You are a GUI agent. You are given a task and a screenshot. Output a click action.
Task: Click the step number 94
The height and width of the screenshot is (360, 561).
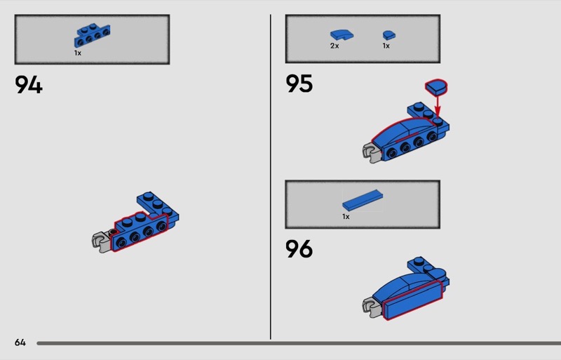[29, 84]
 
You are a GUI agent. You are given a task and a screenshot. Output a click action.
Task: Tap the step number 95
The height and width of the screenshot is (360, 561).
[299, 84]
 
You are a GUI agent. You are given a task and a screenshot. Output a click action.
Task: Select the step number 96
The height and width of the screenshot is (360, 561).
[299, 248]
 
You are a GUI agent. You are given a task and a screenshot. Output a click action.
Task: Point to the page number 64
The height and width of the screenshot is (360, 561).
[20, 342]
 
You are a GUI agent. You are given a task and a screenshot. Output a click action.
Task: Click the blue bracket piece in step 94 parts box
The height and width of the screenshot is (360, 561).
[92, 36]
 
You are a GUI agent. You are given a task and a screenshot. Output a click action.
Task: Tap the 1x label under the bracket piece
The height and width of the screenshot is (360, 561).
[78, 53]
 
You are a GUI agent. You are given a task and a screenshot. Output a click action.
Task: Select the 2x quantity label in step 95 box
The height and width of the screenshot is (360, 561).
[334, 46]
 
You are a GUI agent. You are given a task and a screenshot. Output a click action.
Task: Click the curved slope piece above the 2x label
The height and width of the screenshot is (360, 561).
[342, 35]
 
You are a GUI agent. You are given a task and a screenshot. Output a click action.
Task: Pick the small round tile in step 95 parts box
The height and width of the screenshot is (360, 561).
[389, 35]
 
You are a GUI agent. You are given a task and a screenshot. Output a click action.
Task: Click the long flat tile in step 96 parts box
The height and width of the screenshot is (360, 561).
[363, 200]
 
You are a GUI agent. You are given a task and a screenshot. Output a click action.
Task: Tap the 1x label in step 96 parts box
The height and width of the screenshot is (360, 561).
[346, 217]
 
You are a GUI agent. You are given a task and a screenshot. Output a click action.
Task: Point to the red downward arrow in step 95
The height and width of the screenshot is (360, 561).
[437, 107]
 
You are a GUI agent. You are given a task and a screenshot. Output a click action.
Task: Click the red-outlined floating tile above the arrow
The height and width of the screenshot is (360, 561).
[436, 87]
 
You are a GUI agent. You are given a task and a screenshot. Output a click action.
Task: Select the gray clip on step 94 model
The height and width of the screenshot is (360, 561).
[101, 242]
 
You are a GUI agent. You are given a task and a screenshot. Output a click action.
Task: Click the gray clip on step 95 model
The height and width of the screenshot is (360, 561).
[372, 153]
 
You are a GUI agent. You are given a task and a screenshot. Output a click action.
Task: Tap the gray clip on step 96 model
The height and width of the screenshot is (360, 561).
[372, 307]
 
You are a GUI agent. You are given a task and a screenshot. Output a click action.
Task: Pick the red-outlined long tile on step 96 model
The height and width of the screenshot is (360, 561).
[412, 300]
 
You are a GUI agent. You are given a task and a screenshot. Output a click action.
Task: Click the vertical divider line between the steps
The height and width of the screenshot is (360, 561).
[271, 177]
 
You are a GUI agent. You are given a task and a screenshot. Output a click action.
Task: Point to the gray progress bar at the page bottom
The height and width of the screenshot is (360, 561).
[299, 343]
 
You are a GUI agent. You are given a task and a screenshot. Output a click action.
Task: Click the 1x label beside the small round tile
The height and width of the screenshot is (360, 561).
[386, 46]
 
